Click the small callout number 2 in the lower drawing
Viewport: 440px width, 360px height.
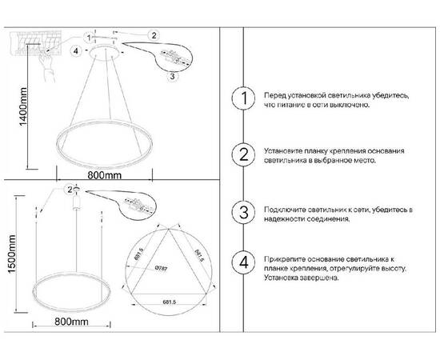point(70,189)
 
